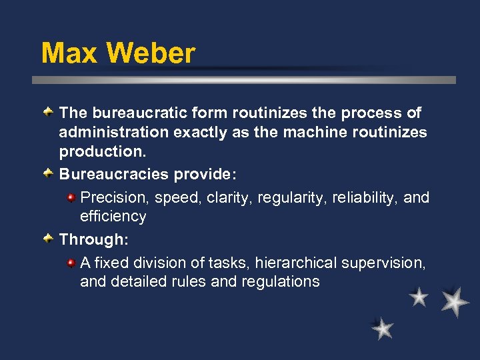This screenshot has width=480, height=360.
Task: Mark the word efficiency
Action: [x=113, y=216]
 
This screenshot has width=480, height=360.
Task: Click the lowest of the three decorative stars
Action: [x=383, y=328]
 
